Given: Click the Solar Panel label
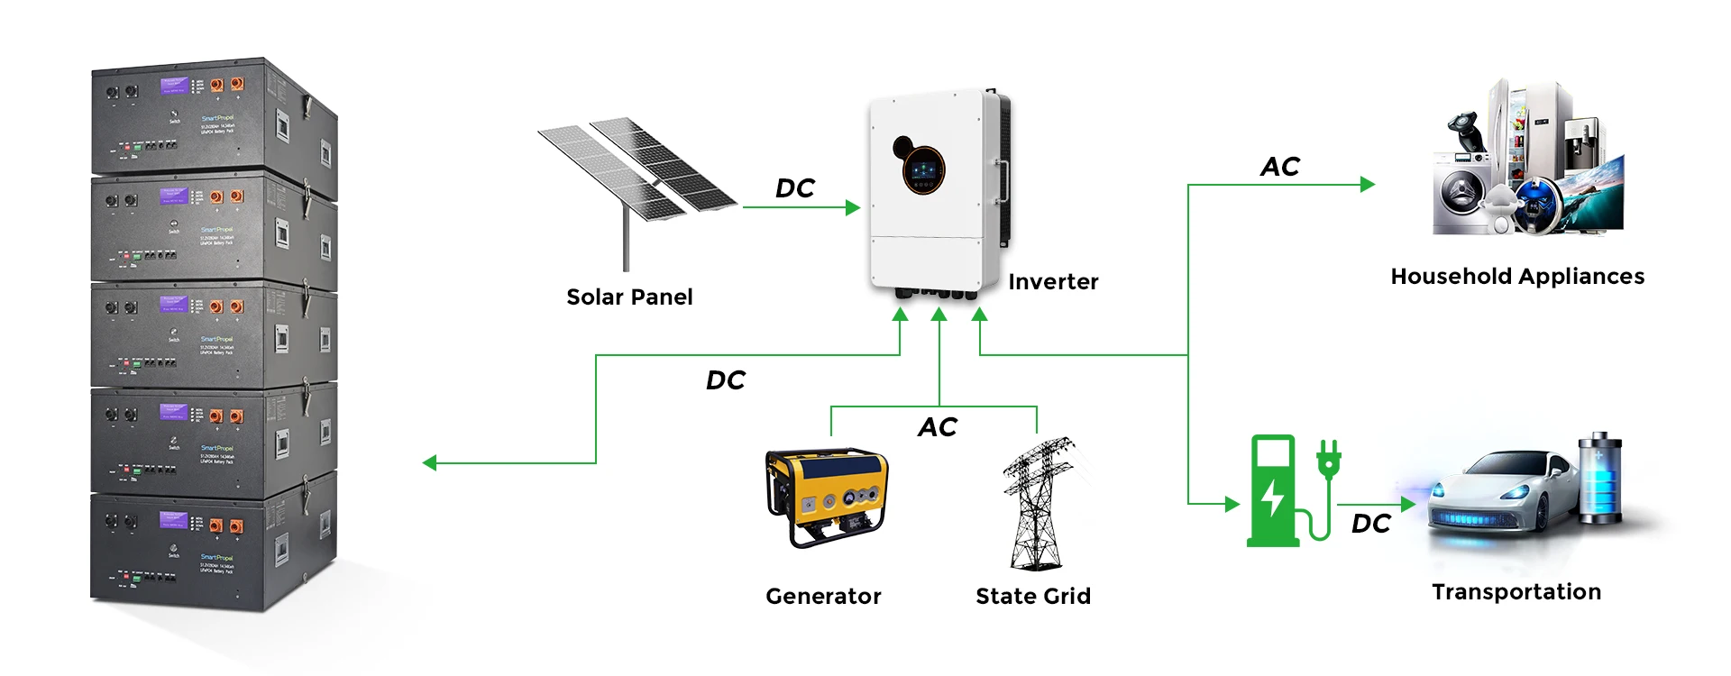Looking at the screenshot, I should pos(629,297).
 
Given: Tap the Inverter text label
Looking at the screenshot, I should pos(1053,282).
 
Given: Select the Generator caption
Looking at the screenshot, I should pos(823,596).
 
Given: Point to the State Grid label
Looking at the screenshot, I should pos(1033,596).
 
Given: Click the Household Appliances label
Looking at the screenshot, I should pos(1517,277).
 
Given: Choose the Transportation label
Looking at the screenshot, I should pos(1516,592).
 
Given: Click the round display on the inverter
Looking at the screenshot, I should pos(924,169).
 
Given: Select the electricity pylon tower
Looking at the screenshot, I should pos(1038,505).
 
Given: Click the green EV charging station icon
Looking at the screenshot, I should pos(1273,491).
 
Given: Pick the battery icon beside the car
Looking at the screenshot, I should pos(1600,478).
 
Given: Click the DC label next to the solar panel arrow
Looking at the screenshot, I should pos(794,188).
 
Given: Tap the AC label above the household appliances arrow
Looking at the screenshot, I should pos(1279,167).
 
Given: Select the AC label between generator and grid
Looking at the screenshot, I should pos(938,427).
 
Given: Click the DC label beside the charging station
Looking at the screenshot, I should pos(1370,524).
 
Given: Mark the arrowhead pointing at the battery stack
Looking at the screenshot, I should pos(429,463).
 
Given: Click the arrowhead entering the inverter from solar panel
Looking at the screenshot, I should pos(854,207).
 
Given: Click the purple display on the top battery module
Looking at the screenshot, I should pos(173,86).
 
